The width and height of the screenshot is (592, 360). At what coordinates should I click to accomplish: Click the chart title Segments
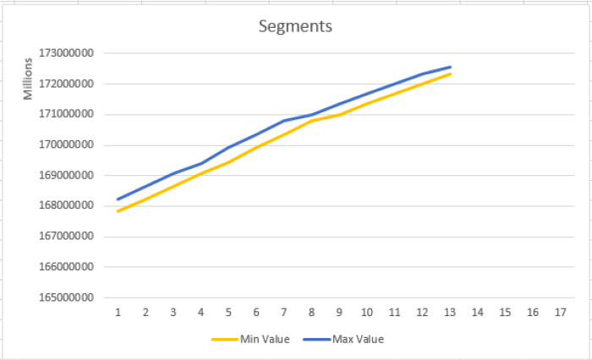click(295, 26)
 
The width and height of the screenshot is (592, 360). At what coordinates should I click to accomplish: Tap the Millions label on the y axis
click(28, 74)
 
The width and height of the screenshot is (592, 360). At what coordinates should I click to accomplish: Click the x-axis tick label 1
click(118, 312)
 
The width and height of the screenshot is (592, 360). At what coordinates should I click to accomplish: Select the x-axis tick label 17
click(561, 312)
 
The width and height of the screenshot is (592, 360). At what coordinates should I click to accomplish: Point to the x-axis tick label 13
click(450, 312)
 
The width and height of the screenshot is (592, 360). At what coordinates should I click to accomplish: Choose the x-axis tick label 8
click(312, 312)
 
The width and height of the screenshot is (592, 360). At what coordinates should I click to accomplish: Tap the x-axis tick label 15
click(505, 312)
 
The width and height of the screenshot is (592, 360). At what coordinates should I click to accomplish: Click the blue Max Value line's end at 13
click(450, 67)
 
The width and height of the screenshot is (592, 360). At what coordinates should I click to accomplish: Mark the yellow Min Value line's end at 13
click(450, 74)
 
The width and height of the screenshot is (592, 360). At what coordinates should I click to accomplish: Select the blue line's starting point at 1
click(118, 199)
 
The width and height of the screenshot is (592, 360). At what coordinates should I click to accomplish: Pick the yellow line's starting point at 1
click(118, 211)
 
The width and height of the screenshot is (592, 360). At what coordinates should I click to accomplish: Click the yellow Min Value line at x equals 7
click(284, 134)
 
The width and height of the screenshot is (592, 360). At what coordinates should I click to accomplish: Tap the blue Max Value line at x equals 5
click(229, 147)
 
